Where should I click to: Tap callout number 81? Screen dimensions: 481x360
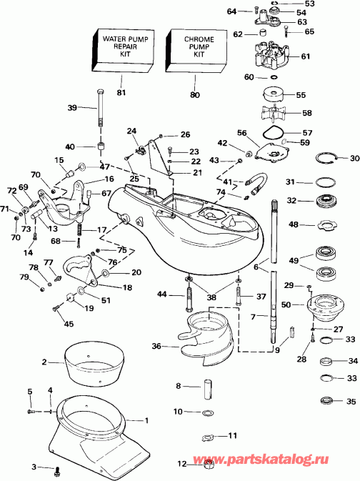click(x=120, y=92)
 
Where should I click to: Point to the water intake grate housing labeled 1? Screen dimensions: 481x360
click(x=107, y=429)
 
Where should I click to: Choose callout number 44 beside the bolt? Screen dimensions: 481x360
click(x=162, y=294)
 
